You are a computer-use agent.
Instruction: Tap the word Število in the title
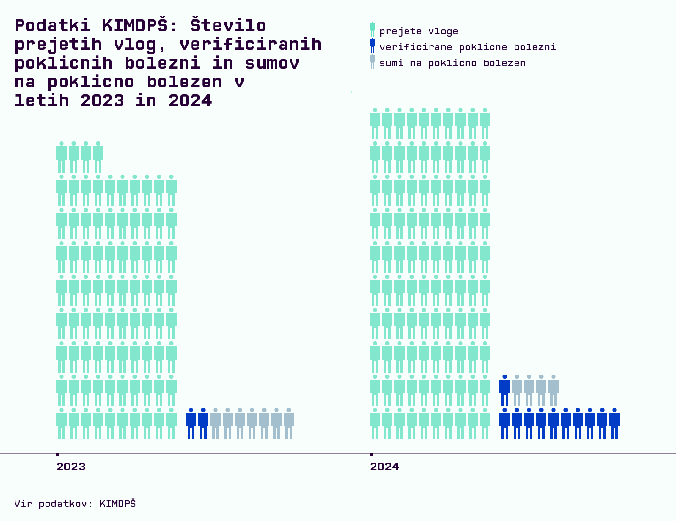[x=228, y=25]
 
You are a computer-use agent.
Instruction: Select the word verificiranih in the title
[x=251, y=44]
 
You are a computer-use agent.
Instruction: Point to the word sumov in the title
[x=272, y=63]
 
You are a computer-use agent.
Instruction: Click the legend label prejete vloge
[x=419, y=31]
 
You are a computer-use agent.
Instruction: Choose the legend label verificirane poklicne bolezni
[x=468, y=47]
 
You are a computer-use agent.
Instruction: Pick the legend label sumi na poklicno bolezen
[x=452, y=63]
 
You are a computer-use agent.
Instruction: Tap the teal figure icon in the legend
[x=372, y=30]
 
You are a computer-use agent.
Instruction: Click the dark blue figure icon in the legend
[x=372, y=46]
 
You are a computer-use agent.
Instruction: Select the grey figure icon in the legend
[x=372, y=61]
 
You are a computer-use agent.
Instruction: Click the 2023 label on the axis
[x=71, y=467]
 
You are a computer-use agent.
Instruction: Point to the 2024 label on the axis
[x=384, y=467]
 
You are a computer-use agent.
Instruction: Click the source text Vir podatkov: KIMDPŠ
[x=75, y=504]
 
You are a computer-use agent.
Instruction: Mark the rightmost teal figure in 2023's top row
[x=98, y=156]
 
